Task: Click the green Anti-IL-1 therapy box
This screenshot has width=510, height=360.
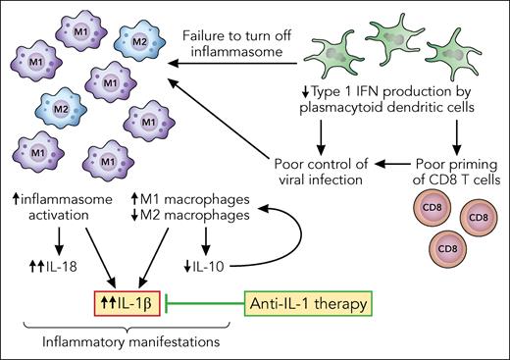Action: [x=307, y=304]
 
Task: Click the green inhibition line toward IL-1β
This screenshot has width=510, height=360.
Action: [x=211, y=304]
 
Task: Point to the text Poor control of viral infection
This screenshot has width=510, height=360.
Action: [x=307, y=168]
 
